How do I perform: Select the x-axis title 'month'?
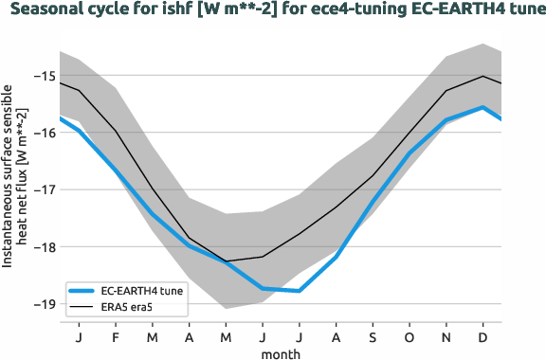pos(282,352)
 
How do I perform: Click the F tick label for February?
pos(116,336)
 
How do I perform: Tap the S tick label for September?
pos(373,336)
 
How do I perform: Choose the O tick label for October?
pos(409,336)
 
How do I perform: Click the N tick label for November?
pos(446,336)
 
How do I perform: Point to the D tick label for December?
pos(483,336)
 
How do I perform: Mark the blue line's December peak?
pos(483,107)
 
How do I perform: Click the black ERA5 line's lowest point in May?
pos(226,261)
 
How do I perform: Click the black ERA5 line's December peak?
pos(483,76)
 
